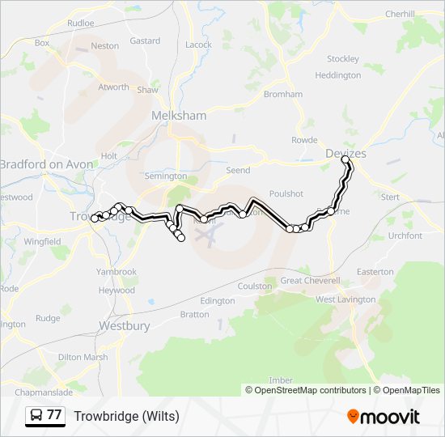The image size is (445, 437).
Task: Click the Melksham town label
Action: coord(180,116)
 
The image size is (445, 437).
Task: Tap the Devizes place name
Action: coord(345,154)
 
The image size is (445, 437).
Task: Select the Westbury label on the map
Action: coord(125,325)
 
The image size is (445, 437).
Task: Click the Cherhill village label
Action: coord(400,14)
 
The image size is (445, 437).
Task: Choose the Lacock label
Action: coord(198,45)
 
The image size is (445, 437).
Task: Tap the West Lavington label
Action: coord(345,299)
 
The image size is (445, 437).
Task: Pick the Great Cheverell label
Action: coord(311,280)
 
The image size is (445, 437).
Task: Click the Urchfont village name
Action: coord(405,235)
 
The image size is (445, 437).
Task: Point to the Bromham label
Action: coord(283,94)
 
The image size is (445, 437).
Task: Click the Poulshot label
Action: coord(286,193)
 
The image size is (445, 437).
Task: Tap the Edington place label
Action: coord(217,301)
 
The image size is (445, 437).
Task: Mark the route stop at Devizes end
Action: coord(346,160)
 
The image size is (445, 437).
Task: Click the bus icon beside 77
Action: coord(36,416)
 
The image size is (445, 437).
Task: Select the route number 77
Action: coord(54,415)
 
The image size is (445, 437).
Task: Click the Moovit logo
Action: coord(384,417)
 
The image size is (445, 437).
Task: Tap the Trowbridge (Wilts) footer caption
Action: coord(127,417)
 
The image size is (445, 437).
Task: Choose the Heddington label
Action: coord(338,75)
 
